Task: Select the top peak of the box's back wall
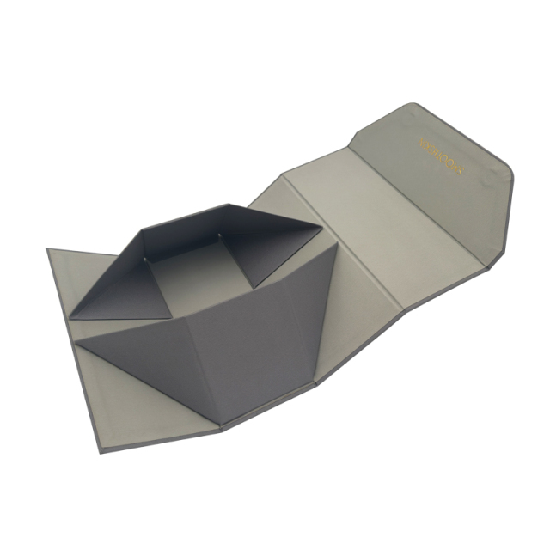[227, 205]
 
